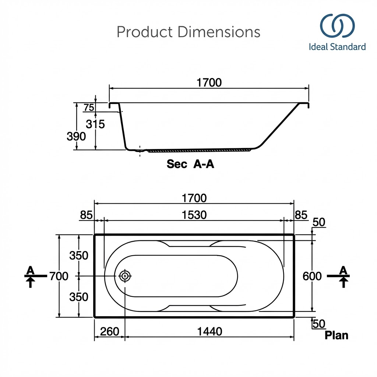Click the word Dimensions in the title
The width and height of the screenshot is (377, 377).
[x=219, y=32]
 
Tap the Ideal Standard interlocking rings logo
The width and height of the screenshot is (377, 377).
[x=337, y=26]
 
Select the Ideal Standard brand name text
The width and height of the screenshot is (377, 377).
[x=337, y=47]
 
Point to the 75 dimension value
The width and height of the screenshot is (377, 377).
[x=89, y=108]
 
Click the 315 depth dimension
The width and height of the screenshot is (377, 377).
[x=95, y=124]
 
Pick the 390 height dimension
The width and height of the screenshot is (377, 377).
[x=76, y=137]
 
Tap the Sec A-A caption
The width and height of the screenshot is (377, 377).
[x=190, y=164]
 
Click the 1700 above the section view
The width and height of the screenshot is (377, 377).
[x=209, y=83]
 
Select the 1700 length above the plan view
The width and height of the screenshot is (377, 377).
[x=194, y=198]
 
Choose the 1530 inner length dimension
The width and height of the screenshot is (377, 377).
[x=194, y=215]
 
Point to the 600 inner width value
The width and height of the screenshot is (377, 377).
[x=312, y=276]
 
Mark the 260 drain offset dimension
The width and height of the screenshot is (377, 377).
[x=110, y=332]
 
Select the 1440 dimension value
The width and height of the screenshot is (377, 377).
[x=209, y=332]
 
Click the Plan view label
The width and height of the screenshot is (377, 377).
[x=336, y=335]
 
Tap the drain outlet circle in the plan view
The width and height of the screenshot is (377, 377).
[x=125, y=276]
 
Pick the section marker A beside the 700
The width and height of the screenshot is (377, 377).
[x=30, y=271]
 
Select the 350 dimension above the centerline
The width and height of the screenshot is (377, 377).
[x=79, y=256]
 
